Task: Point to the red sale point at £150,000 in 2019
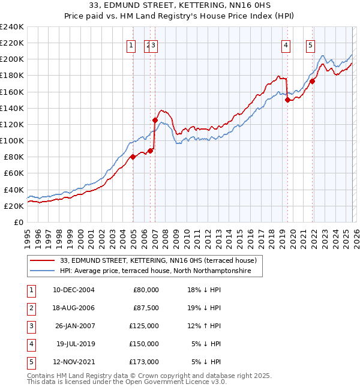[x=287, y=100]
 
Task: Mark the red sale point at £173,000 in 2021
[x=313, y=82]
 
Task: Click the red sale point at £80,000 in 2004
[x=133, y=157]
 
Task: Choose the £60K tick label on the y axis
[x=14, y=173]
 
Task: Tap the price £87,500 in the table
[x=146, y=308]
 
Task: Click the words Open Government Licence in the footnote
[x=173, y=382]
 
